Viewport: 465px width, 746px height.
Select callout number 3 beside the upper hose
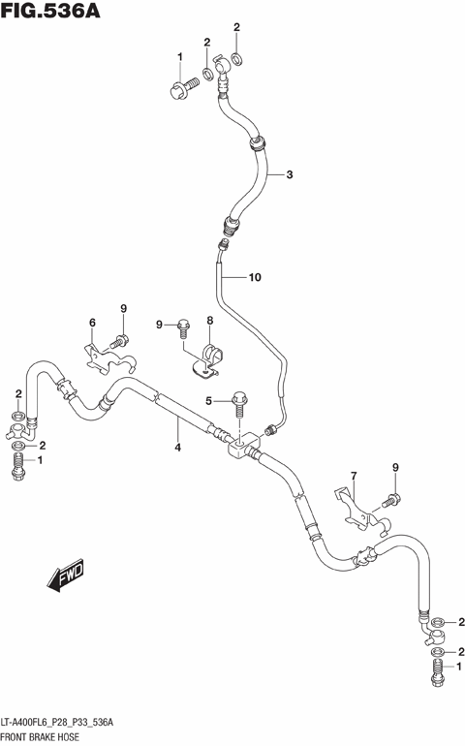pyautogui.click(x=289, y=175)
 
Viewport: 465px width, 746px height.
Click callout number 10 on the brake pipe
pyautogui.click(x=254, y=278)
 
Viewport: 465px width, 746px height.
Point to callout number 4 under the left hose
pyautogui.click(x=177, y=448)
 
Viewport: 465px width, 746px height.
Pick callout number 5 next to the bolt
pyautogui.click(x=207, y=401)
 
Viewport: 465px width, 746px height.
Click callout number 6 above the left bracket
pyautogui.click(x=92, y=323)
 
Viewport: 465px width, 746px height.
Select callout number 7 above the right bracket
pyautogui.click(x=354, y=476)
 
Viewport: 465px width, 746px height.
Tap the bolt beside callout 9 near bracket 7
pyautogui.click(x=390, y=501)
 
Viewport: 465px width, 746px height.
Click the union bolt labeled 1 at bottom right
pyautogui.click(x=435, y=668)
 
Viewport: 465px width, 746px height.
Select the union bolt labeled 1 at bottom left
pyautogui.click(x=17, y=465)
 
